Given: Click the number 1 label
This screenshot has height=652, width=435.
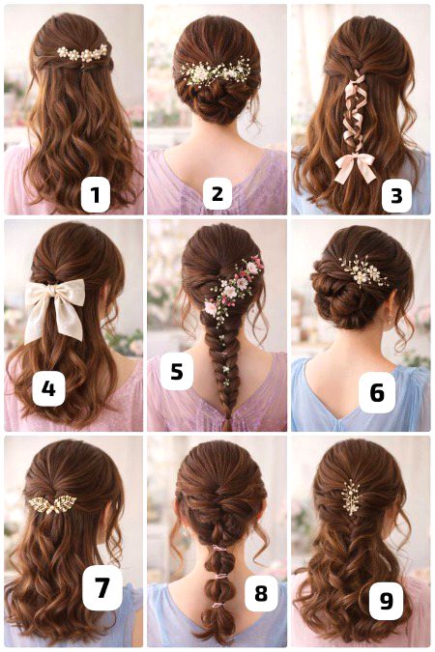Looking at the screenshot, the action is (x=96, y=194).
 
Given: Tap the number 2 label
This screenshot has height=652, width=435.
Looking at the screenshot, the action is (x=217, y=193).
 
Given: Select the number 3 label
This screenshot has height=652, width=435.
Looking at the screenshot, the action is (x=396, y=195).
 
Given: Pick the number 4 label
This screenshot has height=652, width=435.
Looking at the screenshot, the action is (x=48, y=389).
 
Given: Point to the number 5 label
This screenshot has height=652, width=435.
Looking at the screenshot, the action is (x=177, y=371).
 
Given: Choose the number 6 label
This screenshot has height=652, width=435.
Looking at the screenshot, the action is (x=376, y=392).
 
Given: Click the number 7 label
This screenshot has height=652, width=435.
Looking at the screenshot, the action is (x=102, y=587).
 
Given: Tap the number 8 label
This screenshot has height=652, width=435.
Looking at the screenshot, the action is (x=261, y=593).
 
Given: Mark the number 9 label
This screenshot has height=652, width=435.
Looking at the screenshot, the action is (x=387, y=600).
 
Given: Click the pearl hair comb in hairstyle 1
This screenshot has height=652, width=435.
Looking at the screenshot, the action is (x=83, y=53).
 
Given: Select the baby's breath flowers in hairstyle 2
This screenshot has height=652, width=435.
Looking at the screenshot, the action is (x=216, y=73).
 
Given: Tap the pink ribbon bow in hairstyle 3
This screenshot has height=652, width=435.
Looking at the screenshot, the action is (x=356, y=167).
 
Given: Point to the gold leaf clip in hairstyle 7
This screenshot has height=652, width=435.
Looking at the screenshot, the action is (x=52, y=503).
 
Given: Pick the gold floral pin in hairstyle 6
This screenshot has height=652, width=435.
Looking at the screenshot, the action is (x=362, y=271).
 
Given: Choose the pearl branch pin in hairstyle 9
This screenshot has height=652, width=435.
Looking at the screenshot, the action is (x=351, y=496).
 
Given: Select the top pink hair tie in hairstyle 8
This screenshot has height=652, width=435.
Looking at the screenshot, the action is (x=219, y=549).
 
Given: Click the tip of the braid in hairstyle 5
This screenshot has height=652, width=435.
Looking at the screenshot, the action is (x=227, y=429).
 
